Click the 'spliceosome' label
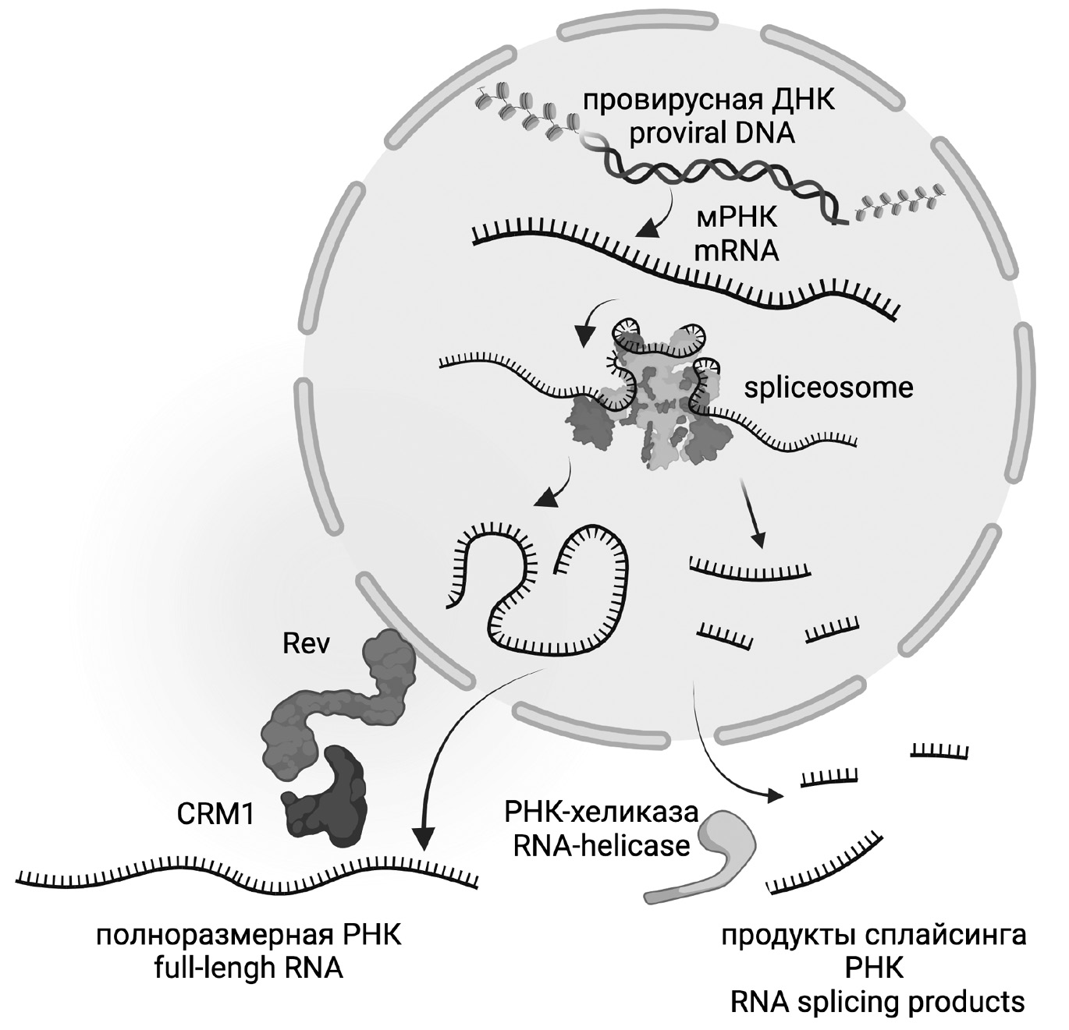tap(828, 388)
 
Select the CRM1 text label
tap(215, 814)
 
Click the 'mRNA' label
tap(738, 251)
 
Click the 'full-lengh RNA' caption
tap(249, 968)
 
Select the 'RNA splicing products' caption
tap(878, 1001)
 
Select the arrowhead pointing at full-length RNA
tap(423, 840)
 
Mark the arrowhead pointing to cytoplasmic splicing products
tap(776, 796)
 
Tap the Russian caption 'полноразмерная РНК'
tap(249, 935)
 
